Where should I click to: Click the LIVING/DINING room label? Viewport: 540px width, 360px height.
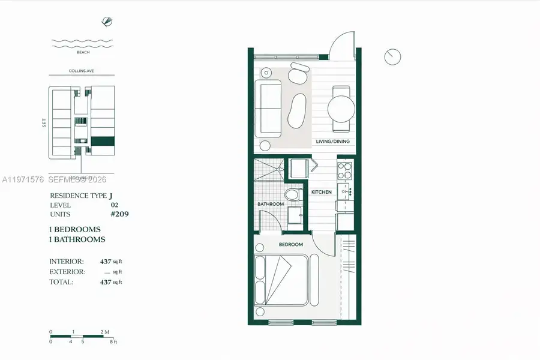click(333, 142)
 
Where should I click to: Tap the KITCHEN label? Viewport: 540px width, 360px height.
click(321, 192)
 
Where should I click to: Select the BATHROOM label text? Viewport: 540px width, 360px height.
click(271, 204)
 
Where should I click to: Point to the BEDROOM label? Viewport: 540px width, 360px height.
click(290, 245)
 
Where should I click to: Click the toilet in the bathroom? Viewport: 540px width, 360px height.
click(291, 196)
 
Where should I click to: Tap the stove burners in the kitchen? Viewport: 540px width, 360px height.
click(345, 171)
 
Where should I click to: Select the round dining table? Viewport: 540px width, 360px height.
click(340, 109)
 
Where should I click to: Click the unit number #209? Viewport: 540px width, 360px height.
click(118, 214)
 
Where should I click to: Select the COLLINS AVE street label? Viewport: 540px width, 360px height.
click(81, 71)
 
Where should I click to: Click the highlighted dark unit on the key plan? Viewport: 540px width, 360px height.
click(103, 142)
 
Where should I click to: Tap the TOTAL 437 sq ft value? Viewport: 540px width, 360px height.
click(106, 281)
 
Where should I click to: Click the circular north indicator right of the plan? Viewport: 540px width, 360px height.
click(392, 57)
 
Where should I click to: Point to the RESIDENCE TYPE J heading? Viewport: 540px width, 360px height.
click(81, 196)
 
